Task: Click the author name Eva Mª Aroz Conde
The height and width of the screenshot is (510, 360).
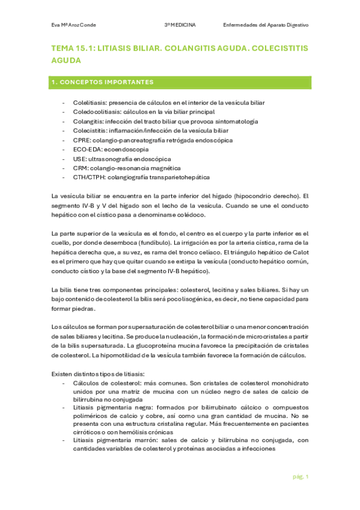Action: click(x=74, y=25)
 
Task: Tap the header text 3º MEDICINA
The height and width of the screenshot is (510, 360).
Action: click(x=183, y=25)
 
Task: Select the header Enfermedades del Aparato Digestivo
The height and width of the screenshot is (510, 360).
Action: click(x=265, y=25)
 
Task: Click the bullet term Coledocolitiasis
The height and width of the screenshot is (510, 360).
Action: click(x=93, y=112)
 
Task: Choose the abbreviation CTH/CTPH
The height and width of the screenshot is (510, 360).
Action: click(x=88, y=177)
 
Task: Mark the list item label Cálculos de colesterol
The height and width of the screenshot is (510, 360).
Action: click(x=105, y=383)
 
